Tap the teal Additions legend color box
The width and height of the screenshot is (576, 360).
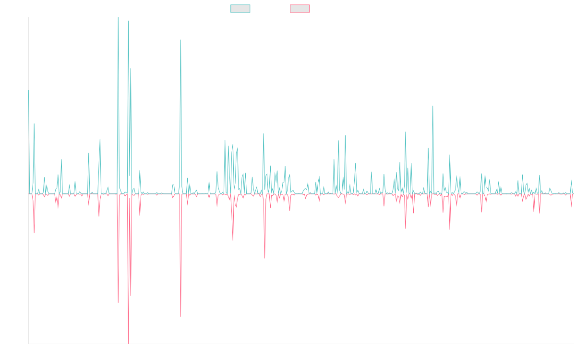pos(240,9)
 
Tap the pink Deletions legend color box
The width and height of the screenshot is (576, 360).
pos(300,9)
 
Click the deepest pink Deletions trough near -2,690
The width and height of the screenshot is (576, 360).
pos(129,342)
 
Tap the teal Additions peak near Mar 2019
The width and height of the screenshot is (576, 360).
pos(180,40)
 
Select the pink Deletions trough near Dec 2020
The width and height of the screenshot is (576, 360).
pos(264,258)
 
